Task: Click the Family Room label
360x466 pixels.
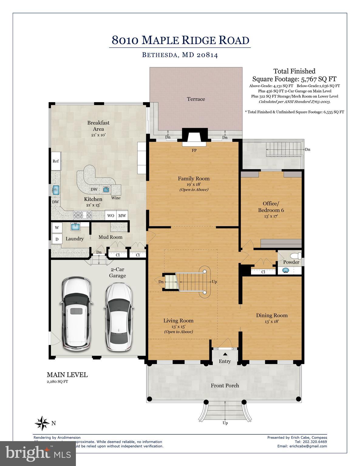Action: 194,178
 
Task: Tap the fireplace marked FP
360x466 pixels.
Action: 194,139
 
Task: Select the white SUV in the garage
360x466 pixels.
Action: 76,314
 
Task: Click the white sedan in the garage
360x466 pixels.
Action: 119,317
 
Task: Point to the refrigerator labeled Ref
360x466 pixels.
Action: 56,161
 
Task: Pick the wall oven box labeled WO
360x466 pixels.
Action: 111,215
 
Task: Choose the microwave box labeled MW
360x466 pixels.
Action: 122,215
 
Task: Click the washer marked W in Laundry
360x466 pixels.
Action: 57,227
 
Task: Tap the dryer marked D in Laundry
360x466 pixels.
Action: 57,239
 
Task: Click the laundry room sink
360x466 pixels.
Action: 75,226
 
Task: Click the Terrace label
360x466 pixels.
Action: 196,99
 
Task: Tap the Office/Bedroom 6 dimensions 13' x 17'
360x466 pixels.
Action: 271,216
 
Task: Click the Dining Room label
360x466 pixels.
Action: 272,315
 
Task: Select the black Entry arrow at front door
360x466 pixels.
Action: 225,354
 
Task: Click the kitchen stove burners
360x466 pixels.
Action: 83,215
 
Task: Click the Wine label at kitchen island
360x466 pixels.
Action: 116,198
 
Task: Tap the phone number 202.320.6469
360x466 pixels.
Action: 315,442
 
